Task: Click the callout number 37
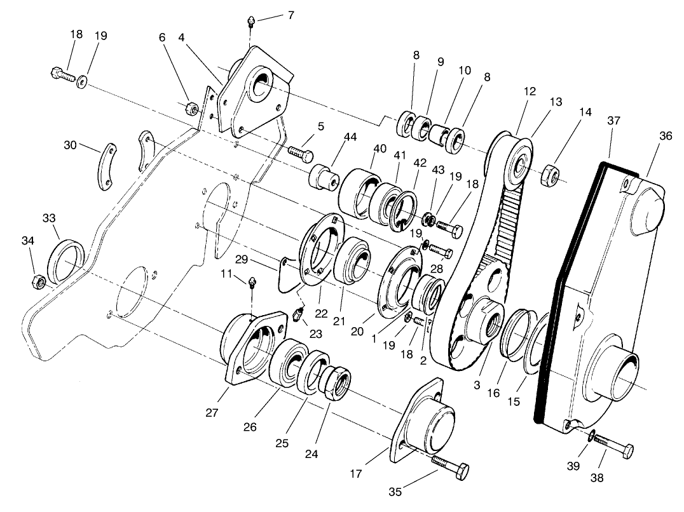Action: pyautogui.click(x=613, y=121)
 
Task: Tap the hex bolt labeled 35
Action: pyautogui.click(x=450, y=467)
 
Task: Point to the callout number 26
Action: pyautogui.click(x=250, y=427)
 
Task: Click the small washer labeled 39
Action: pyautogui.click(x=591, y=435)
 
